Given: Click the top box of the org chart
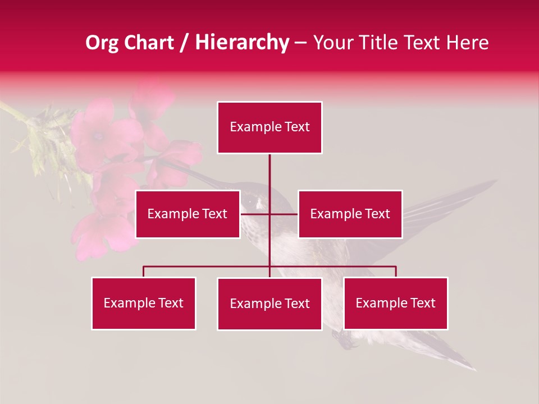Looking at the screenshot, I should click(x=269, y=127).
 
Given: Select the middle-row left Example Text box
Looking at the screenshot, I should click(x=187, y=214).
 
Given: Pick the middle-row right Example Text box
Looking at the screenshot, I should click(x=350, y=214).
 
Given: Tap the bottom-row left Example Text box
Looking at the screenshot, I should click(x=143, y=303).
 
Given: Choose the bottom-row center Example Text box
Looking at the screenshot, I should click(x=269, y=304).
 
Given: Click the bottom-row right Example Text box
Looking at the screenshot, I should click(x=395, y=303).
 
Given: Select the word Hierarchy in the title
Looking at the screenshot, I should click(x=241, y=43).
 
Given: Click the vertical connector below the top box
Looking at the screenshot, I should click(x=269, y=171).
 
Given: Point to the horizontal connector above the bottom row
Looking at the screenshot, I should click(x=208, y=267).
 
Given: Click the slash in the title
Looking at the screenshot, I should click(x=184, y=43).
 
